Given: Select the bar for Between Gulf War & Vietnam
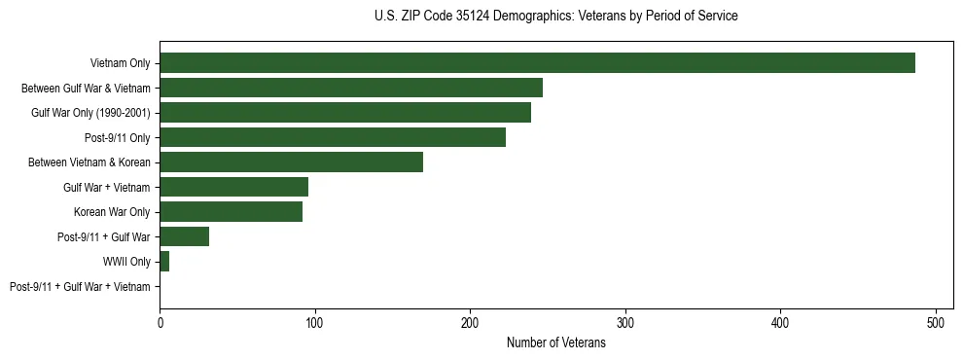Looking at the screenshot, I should tap(351, 88).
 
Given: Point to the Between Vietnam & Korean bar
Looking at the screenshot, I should tap(291, 162).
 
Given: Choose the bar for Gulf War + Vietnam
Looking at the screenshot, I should tap(233, 187).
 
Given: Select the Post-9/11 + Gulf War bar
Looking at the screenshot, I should tap(184, 236).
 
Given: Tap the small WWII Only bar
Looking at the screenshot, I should tap(164, 262).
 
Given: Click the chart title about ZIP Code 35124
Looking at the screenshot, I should tap(555, 17).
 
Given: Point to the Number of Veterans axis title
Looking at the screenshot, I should tap(555, 342).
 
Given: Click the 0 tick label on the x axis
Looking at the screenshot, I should tap(160, 322).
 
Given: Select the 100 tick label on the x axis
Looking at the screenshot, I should tap(315, 322).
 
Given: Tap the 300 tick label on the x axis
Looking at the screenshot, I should tap(625, 322).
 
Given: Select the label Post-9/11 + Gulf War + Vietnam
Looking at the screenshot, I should tap(80, 287).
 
